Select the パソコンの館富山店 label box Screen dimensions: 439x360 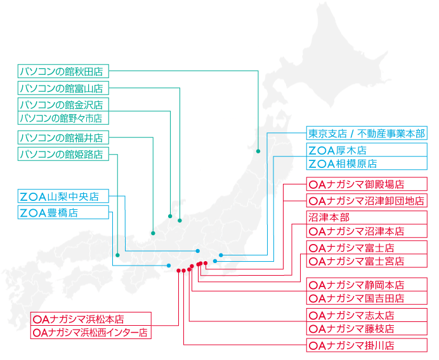click(63, 88)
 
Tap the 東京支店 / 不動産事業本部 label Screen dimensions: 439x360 click(367, 133)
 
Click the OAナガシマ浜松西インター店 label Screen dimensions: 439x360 click(91, 332)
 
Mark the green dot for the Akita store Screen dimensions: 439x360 click(258, 151)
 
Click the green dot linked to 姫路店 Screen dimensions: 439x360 click(117, 255)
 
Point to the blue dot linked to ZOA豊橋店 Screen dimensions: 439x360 click(169, 266)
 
